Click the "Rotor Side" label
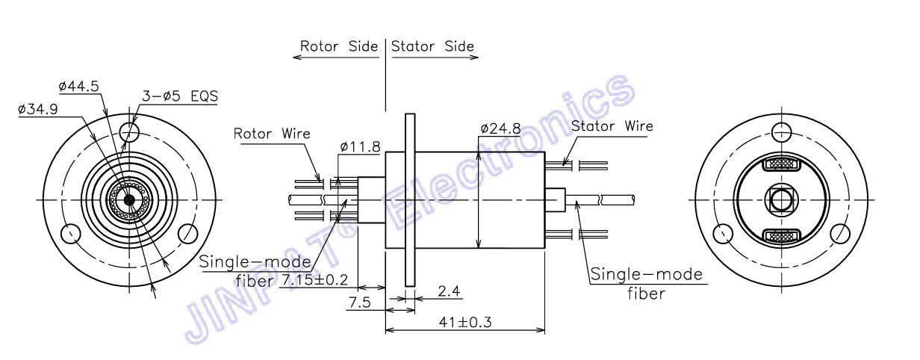338,46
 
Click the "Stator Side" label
433,46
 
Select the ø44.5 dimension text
79,87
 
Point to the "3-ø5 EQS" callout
181,96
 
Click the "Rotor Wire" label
272,134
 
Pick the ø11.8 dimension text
361,147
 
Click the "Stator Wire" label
612,125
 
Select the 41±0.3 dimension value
467,323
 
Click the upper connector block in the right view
780,164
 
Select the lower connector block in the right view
780,238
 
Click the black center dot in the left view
130,199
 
